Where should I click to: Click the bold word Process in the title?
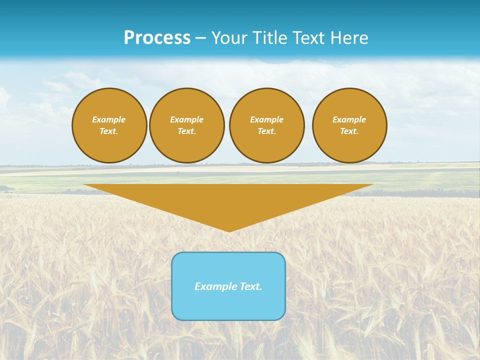[x=157, y=38]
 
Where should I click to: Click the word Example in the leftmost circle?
[x=109, y=119]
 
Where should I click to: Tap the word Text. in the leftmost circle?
[x=109, y=131]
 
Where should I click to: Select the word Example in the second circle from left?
[x=186, y=119]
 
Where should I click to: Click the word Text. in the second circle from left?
[x=186, y=131]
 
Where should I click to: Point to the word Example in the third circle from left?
[x=266, y=119]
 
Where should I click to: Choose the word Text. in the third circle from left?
[x=266, y=131]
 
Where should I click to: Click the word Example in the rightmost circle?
[x=349, y=119]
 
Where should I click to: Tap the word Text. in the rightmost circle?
[x=349, y=131]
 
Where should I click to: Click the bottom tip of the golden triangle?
[x=229, y=231]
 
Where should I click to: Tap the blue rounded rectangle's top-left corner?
[x=174, y=255]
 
